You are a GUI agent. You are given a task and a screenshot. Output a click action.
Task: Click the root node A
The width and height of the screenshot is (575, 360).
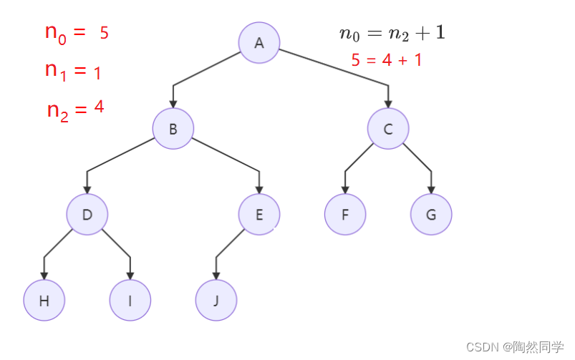[259, 43]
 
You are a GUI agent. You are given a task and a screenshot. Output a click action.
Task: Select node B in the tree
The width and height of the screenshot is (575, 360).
[173, 129]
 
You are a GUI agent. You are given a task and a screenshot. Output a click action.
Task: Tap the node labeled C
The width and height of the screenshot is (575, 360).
[388, 129]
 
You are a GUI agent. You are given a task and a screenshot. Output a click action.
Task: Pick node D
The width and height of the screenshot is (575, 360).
[87, 214]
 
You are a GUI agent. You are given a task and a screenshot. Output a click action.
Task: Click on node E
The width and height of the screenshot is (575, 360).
[259, 214]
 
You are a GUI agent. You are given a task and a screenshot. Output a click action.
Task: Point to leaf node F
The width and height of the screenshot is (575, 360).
[345, 214]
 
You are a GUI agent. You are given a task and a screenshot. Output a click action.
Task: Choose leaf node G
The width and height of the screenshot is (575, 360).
[431, 214]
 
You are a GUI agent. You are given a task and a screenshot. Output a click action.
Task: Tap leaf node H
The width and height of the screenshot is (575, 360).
[44, 300]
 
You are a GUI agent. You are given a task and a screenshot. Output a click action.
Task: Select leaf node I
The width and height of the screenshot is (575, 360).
[130, 300]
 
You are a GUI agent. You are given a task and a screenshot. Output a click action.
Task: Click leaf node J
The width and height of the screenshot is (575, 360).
[216, 300]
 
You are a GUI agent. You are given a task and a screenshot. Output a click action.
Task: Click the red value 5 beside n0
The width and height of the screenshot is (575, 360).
[104, 33]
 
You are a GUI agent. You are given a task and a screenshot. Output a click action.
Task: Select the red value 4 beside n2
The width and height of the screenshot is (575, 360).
[99, 107]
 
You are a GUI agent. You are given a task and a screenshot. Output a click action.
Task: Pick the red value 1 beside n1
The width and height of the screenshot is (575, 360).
[97, 72]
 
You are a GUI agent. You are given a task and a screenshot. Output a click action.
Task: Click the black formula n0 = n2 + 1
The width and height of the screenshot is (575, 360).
[392, 33]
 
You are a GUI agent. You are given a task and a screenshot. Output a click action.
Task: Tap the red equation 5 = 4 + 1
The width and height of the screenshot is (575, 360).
[387, 60]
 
